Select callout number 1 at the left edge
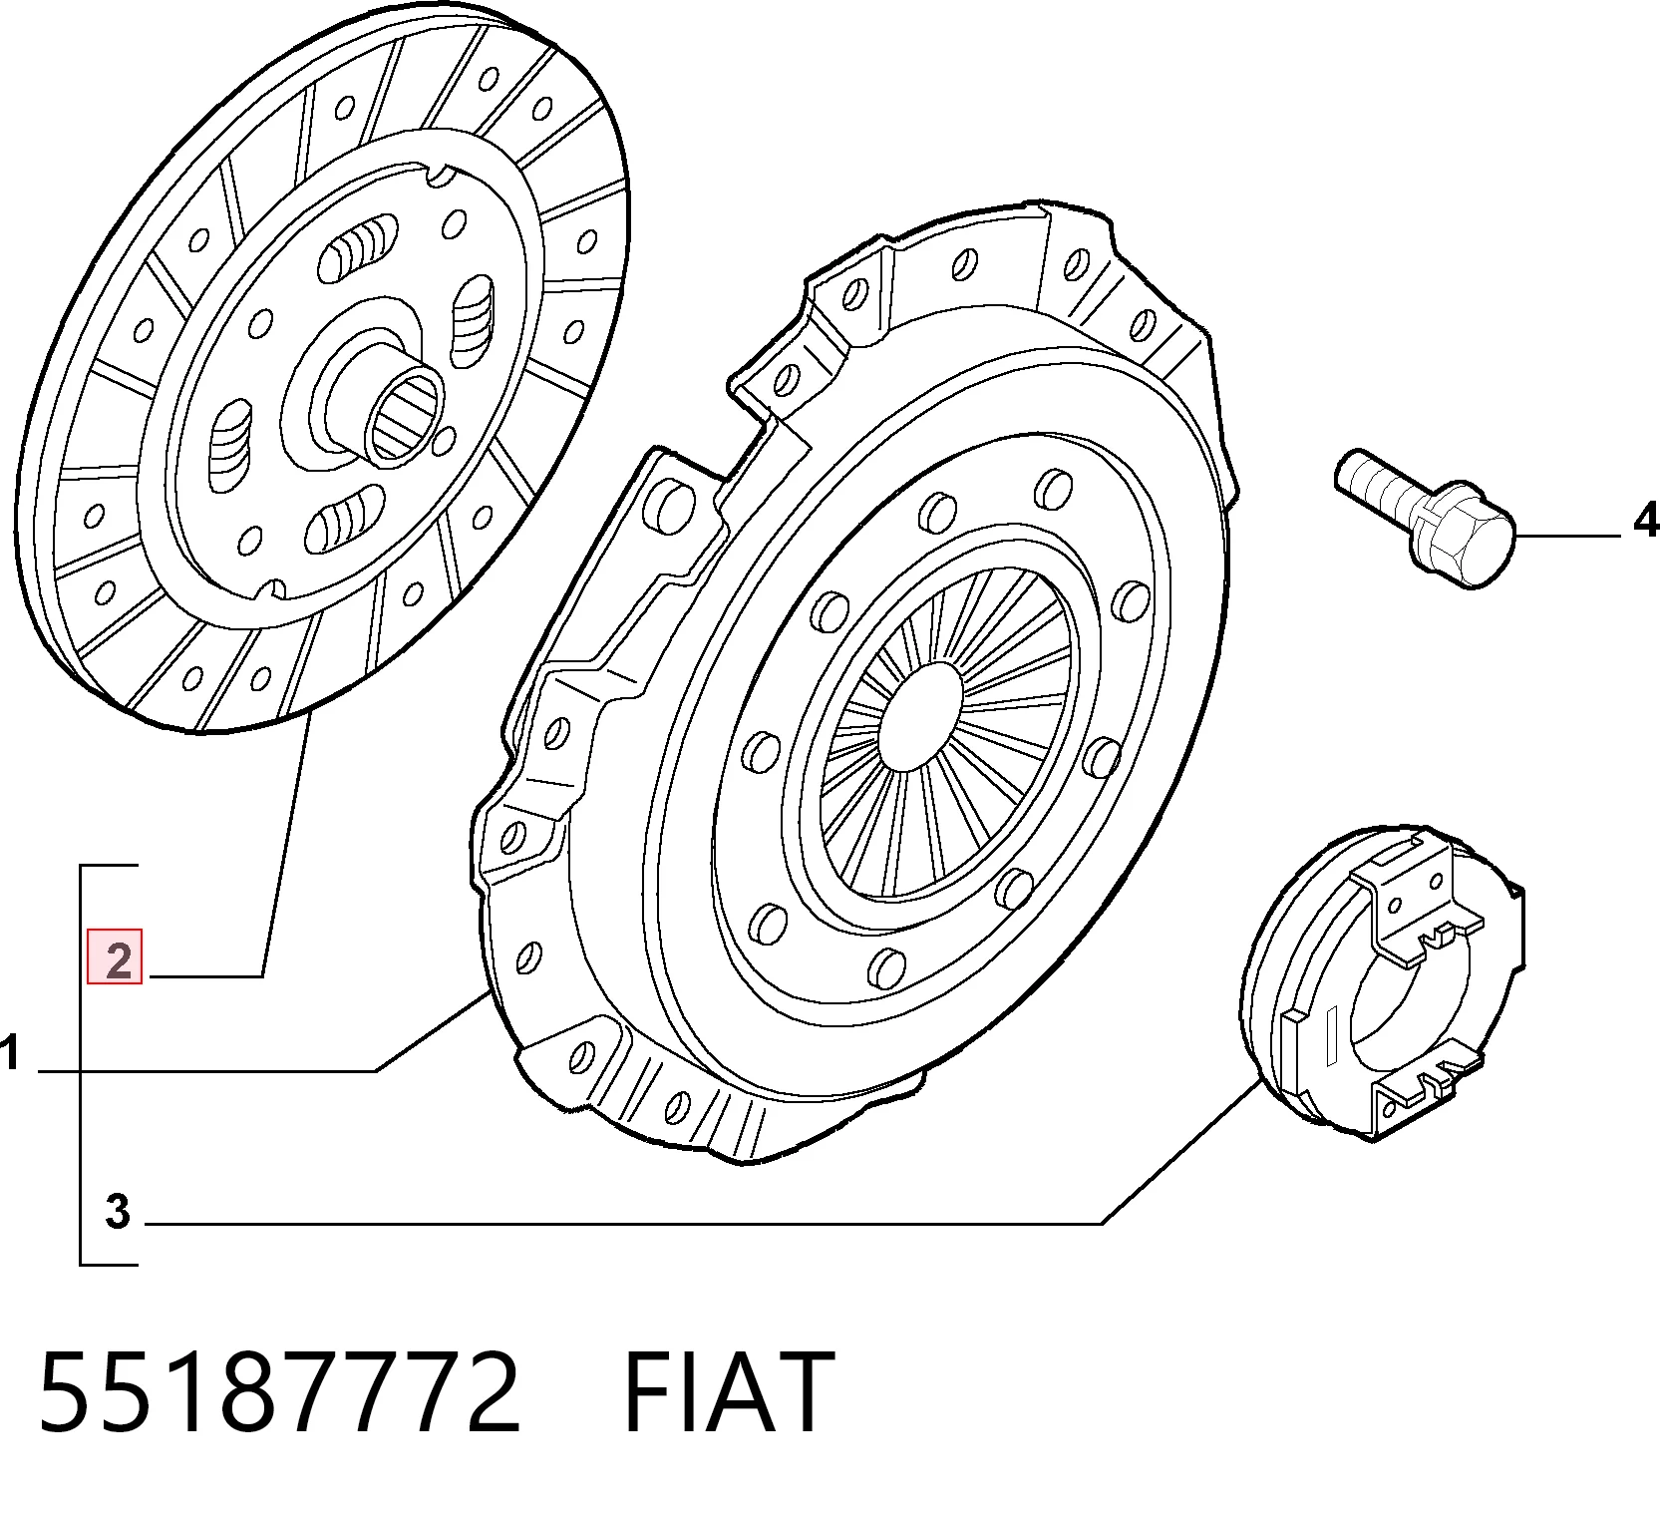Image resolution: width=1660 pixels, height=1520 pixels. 10,1053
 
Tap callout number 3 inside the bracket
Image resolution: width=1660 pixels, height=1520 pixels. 118,1212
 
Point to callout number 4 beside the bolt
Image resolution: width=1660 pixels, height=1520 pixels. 1645,521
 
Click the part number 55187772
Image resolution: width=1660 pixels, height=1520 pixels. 279,1392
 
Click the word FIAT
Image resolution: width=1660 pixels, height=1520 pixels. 729,1392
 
